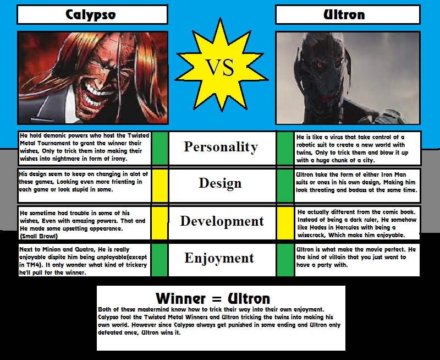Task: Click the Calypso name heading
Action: [91, 15]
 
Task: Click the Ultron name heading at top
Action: [344, 15]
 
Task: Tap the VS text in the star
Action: [220, 68]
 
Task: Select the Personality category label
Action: [221, 147]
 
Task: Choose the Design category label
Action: [221, 183]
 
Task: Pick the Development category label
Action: [222, 221]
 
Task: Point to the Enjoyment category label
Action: [219, 258]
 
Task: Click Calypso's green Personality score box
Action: [159, 148]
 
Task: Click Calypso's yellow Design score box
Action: [159, 186]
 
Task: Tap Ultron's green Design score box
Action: [285, 186]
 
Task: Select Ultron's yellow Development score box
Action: [285, 223]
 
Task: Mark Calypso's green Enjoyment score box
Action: [159, 260]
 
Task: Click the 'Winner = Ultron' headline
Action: [213, 298]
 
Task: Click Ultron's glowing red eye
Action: [320, 65]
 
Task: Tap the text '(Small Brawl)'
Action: [38, 236]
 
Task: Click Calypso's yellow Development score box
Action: [159, 223]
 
